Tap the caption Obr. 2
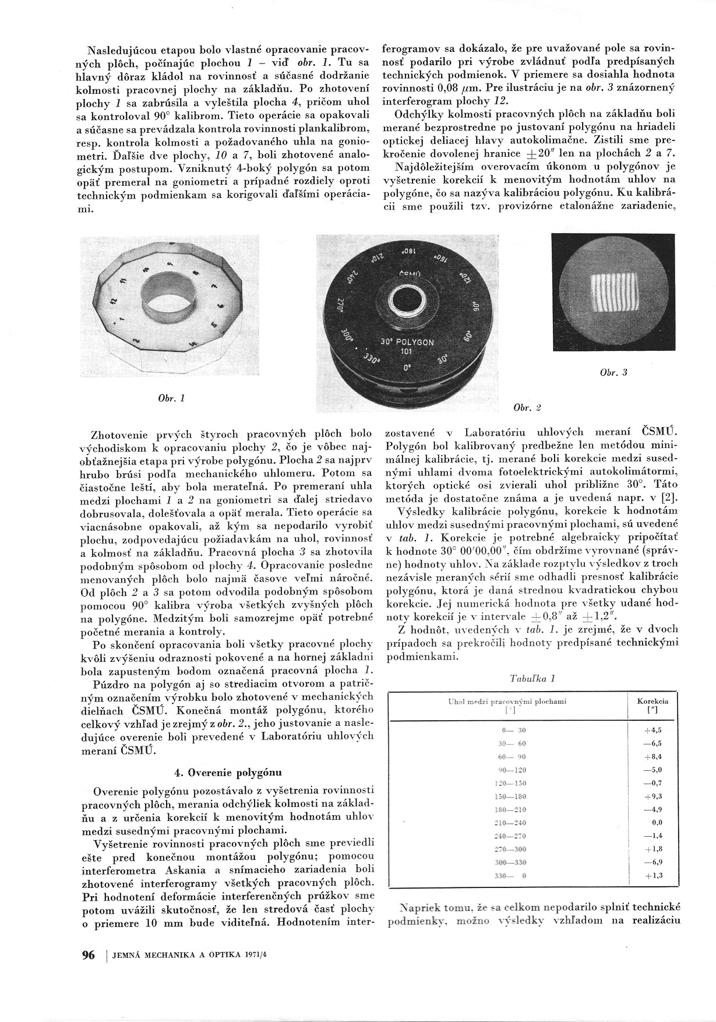(x=528, y=407)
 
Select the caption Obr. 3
(x=613, y=372)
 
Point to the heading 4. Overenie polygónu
(x=228, y=773)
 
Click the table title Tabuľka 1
(x=532, y=678)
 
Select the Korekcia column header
(x=652, y=706)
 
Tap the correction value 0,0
(x=656, y=823)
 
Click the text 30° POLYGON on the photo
(x=407, y=342)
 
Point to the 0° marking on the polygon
(x=407, y=368)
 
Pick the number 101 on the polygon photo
(x=407, y=352)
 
